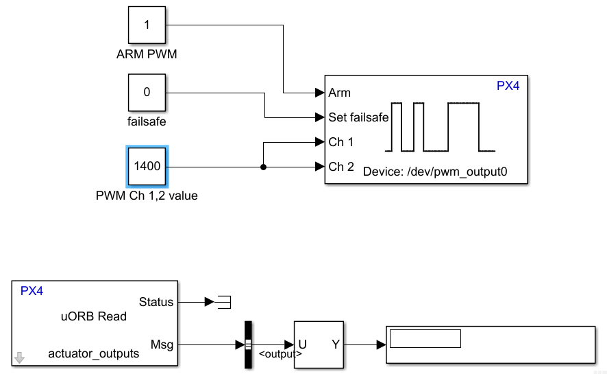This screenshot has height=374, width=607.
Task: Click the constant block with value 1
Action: [x=147, y=25]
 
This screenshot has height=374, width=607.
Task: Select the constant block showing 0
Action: [x=147, y=93]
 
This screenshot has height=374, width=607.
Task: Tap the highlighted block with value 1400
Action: [x=147, y=166]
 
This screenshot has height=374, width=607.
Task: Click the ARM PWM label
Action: [x=147, y=54]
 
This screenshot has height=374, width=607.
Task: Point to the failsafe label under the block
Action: [x=147, y=122]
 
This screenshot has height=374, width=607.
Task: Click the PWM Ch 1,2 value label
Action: [x=147, y=196]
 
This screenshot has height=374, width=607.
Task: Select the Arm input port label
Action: [x=340, y=93]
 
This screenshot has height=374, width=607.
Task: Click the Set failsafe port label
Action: [x=358, y=117]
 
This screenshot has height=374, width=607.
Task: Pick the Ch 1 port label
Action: [x=341, y=142]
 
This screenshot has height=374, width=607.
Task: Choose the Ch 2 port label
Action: [x=341, y=166]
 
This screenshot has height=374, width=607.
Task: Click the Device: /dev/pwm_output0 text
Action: [x=435, y=171]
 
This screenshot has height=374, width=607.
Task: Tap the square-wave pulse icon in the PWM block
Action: [x=439, y=127]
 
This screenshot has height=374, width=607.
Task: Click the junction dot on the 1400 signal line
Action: [x=264, y=166]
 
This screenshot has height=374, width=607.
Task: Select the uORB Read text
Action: [x=94, y=316]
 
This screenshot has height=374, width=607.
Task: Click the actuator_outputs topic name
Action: [x=94, y=353]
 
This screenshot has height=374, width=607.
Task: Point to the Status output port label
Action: [x=156, y=301]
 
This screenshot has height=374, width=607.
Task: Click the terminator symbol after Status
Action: [x=223, y=301]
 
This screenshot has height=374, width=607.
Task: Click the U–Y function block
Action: [x=319, y=344]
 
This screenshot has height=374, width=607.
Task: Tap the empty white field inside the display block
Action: [x=425, y=338]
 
